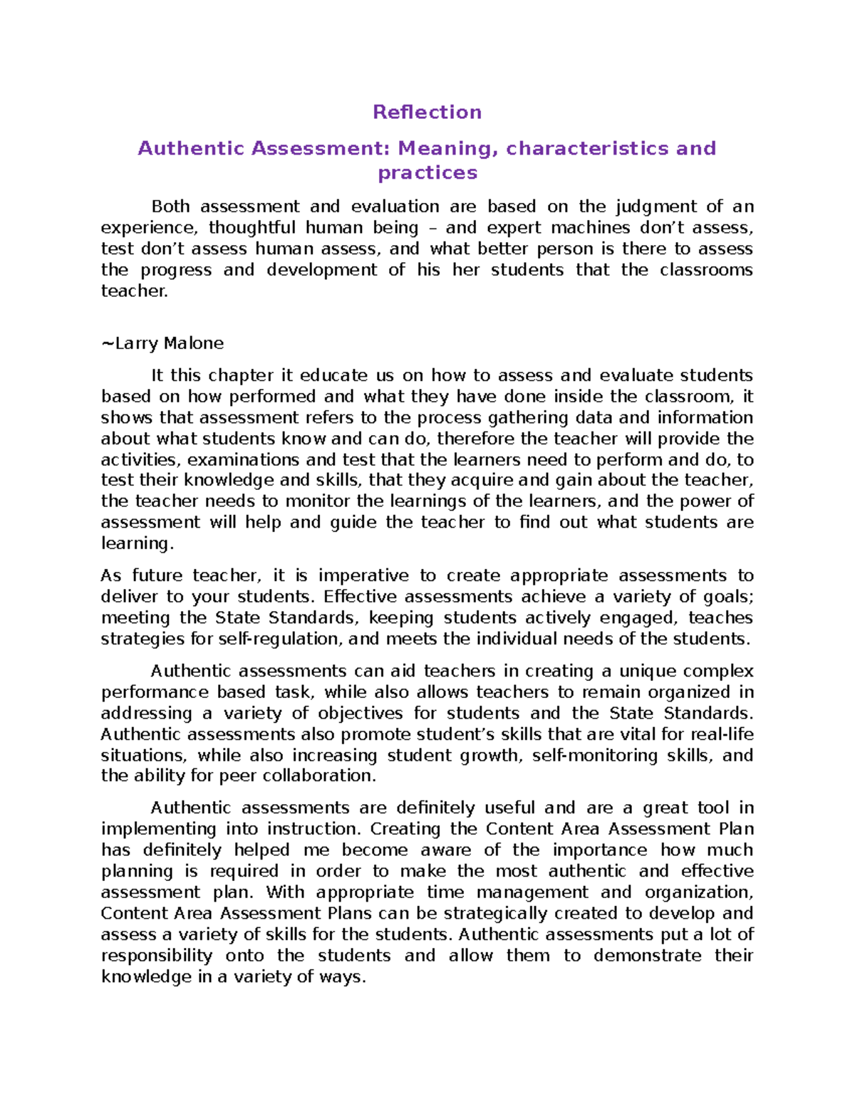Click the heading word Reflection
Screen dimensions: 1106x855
point(427,112)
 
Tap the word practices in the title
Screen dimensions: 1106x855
point(427,173)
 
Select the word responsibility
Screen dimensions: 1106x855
point(157,956)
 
